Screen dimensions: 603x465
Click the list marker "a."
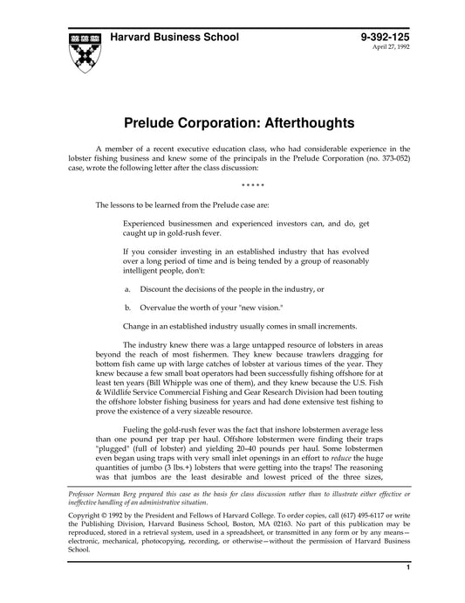point(128,288)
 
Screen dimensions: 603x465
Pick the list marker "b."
point(128,307)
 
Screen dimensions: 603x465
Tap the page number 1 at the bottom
point(407,593)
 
